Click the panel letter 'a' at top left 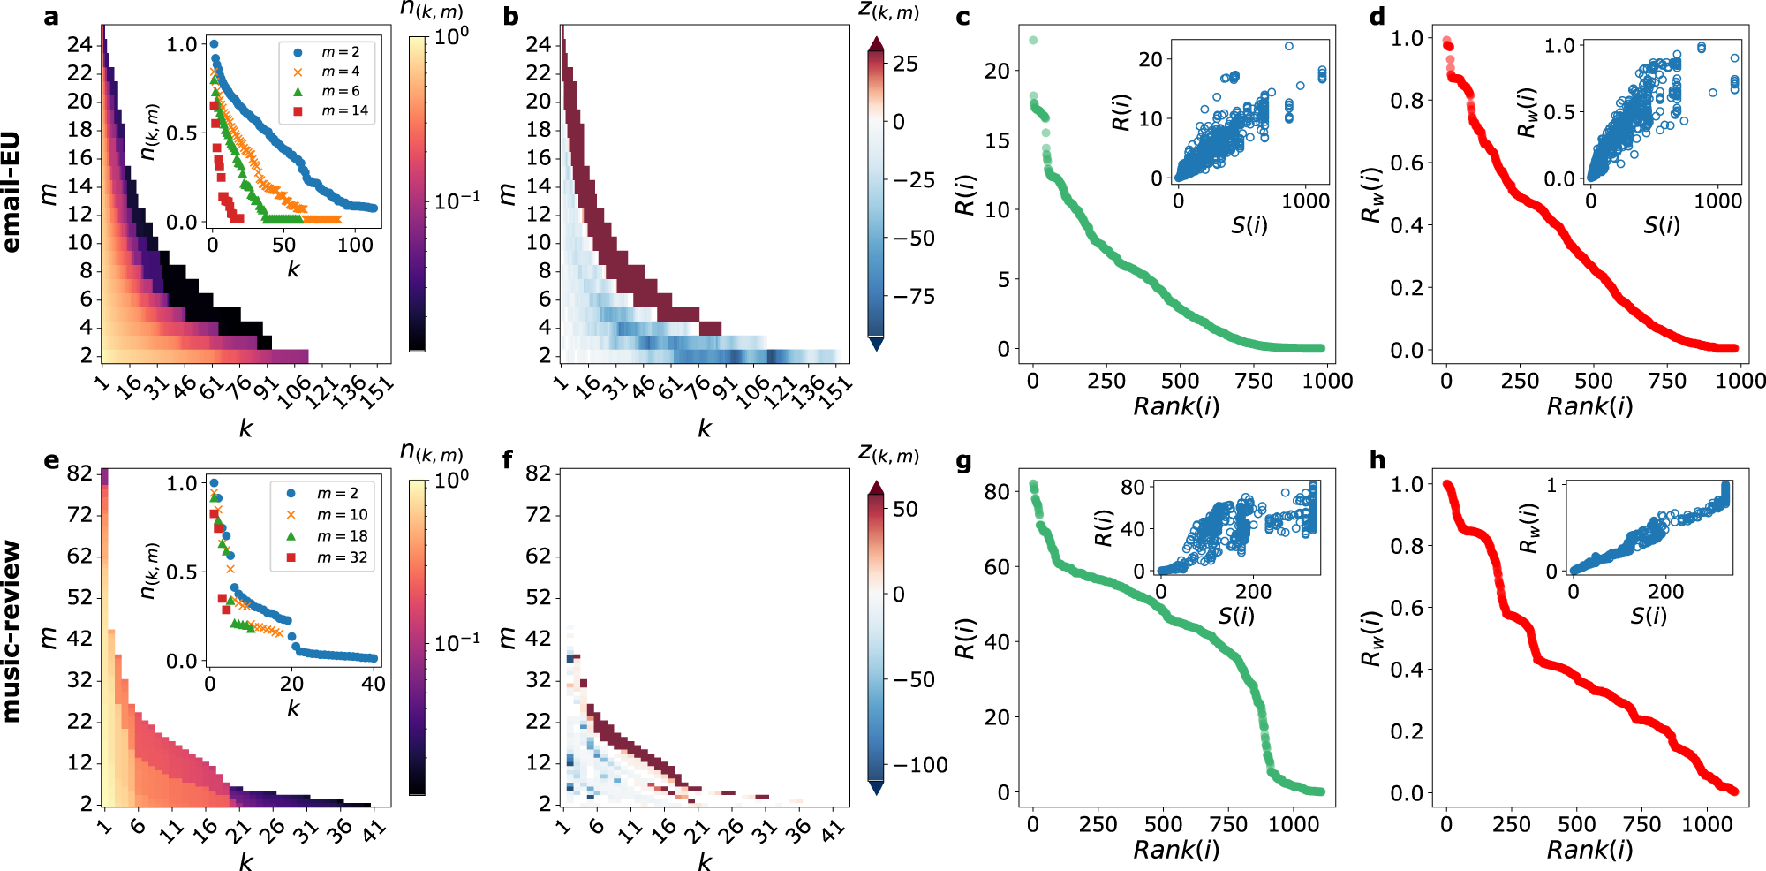pos(51,17)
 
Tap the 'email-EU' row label pos(11,193)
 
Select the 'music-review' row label pos(11,631)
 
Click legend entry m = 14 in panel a pos(344,110)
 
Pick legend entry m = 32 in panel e pos(341,557)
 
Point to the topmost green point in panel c pos(1033,41)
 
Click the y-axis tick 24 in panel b pos(538,44)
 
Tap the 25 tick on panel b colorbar pos(905,64)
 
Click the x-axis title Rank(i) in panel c pos(1176,406)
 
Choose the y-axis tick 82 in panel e pos(79,473)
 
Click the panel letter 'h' pos(1377,460)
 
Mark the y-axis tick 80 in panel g pos(997,492)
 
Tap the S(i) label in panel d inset pos(1661,225)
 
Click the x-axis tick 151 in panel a pos(379,388)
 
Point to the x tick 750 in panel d pos(1667,381)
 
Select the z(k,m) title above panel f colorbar pos(888,454)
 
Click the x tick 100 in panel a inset pos(355,246)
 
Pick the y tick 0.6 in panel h pos(1407,608)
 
